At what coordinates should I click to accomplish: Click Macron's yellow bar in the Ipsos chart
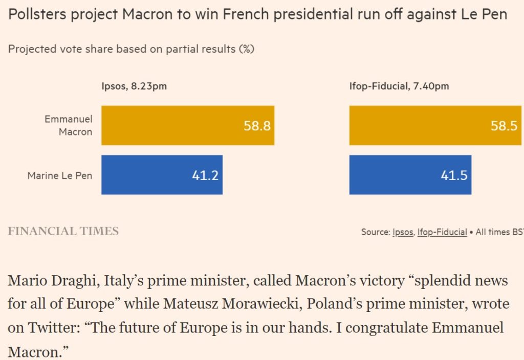tap(187, 125)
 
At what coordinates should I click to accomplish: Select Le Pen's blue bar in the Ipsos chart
tap(162, 175)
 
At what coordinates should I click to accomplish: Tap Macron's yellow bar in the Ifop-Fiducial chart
tap(435, 125)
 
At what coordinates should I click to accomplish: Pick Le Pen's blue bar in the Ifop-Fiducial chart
tap(410, 175)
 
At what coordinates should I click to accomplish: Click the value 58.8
tap(257, 126)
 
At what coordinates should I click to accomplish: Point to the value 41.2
tap(205, 175)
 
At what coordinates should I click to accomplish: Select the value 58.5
tap(504, 126)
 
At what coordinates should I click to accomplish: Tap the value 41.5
tap(454, 175)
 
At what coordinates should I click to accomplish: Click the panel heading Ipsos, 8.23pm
tap(134, 86)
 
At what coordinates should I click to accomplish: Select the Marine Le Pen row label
tap(60, 175)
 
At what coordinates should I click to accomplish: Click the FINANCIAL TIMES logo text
tap(63, 231)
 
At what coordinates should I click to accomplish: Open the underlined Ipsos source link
tap(402, 232)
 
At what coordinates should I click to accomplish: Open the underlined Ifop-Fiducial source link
tap(442, 232)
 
